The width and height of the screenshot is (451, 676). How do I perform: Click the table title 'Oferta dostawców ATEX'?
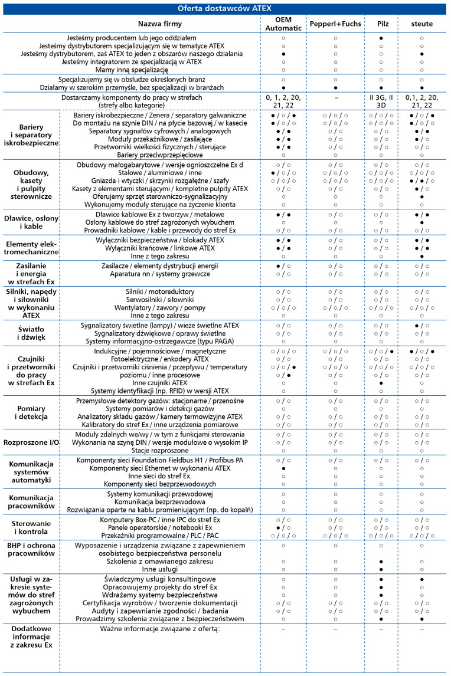click(x=225, y=8)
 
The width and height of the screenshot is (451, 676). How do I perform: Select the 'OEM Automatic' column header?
click(x=284, y=24)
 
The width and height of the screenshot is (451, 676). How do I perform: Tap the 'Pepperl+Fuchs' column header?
click(x=335, y=24)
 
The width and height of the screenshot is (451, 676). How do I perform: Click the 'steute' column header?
click(x=421, y=24)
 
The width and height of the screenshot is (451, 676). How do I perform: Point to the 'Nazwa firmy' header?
click(x=160, y=24)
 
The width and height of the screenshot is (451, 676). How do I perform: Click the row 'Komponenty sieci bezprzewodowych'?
click(x=160, y=483)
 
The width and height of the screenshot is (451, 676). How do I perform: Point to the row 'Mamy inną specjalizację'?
click(x=160, y=70)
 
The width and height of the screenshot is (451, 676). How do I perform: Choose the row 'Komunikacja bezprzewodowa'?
click(x=160, y=501)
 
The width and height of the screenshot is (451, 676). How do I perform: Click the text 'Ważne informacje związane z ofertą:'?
click(x=160, y=630)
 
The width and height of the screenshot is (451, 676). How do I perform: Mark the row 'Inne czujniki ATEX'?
click(x=160, y=383)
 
